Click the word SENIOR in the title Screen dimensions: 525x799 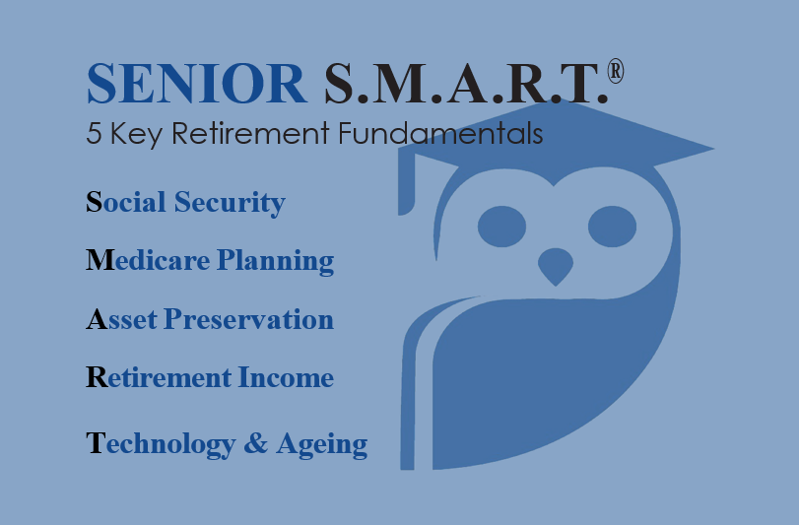pyautogui.click(x=197, y=85)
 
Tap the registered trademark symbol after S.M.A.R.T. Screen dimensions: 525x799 pyautogui.click(x=616, y=73)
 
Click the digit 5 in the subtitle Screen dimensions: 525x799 pyautogui.click(x=95, y=134)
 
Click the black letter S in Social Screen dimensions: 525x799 pyautogui.click(x=95, y=203)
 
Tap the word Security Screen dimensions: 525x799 pyautogui.click(x=230, y=203)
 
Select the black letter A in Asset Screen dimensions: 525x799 pyautogui.click(x=97, y=320)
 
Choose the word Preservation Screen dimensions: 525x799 pyautogui.click(x=248, y=320)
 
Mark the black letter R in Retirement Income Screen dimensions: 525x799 pyautogui.click(x=97, y=377)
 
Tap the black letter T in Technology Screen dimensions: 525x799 pyautogui.click(x=96, y=444)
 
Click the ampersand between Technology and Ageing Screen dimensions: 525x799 pyautogui.click(x=255, y=444)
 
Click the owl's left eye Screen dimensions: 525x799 pyautogui.click(x=502, y=228)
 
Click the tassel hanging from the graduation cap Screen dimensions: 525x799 pyautogui.click(x=404, y=182)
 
